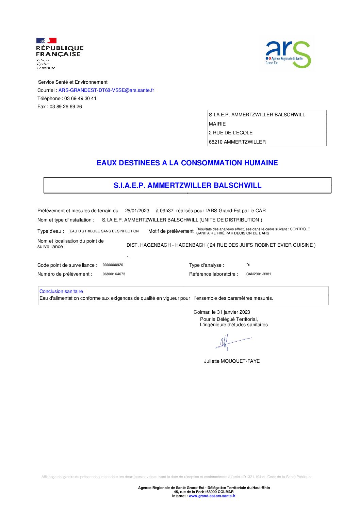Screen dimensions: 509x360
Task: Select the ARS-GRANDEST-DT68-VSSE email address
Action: [106, 90]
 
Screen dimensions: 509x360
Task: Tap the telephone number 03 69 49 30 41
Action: [80, 98]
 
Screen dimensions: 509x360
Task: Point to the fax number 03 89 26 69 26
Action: [66, 106]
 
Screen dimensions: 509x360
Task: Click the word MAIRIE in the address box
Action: [217, 124]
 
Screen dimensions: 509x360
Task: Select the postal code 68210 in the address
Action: [216, 142]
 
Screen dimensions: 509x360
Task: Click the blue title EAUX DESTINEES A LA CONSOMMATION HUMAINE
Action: [187, 163]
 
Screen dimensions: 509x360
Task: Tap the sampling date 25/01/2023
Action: [137, 211]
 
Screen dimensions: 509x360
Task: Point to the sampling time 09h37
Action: [167, 211]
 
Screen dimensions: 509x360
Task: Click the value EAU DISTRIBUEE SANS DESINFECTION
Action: [104, 231]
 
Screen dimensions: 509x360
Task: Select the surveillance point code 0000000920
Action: [113, 265]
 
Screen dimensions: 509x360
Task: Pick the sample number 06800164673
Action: [114, 274]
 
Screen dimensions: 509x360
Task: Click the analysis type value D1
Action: [248, 265]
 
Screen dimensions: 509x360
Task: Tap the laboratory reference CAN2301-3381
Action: [259, 274]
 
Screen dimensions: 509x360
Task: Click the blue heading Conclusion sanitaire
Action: [61, 291]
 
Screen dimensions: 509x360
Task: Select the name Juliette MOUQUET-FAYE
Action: [232, 361]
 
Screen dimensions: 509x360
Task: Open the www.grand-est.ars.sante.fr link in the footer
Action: [212, 496]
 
